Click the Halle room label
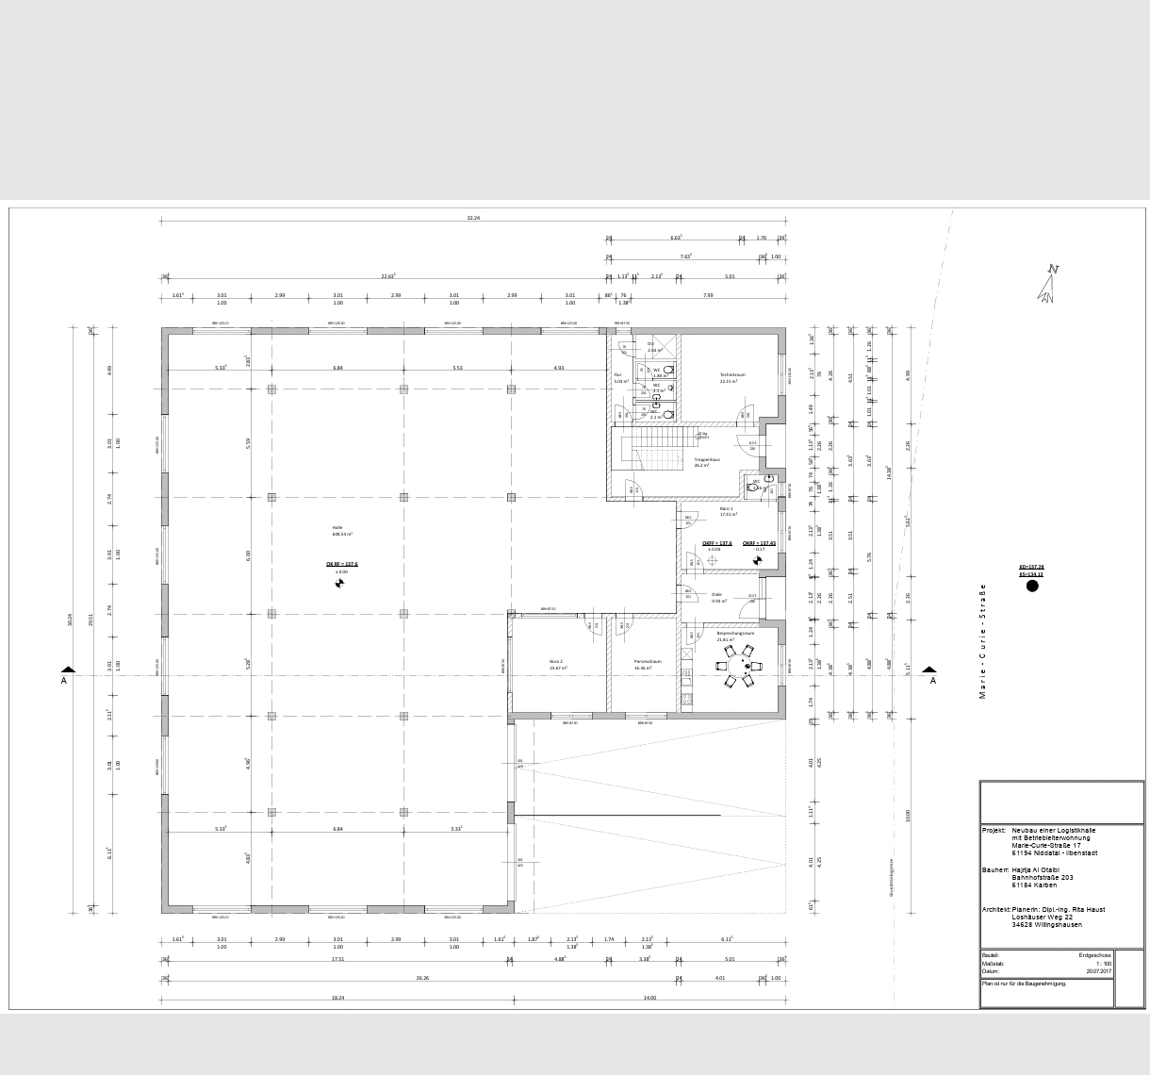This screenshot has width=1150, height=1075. tap(337, 527)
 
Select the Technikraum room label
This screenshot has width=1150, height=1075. tap(732, 374)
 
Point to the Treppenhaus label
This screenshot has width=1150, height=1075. tap(707, 460)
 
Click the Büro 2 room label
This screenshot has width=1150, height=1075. tap(556, 661)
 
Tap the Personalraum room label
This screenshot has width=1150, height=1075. tap(648, 661)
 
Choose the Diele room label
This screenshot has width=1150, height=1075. tap(716, 595)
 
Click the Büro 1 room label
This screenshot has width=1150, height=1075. tap(727, 508)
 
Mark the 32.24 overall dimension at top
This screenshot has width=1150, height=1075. tap(473, 218)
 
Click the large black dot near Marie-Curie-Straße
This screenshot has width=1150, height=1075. tap(1032, 586)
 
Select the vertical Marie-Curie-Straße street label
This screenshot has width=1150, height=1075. tap(982, 641)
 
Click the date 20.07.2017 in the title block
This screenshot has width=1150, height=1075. tap(1098, 970)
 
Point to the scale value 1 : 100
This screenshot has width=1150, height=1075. tap(1103, 963)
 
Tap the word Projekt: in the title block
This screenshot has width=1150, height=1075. tap(994, 830)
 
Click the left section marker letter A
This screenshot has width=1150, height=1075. tap(64, 680)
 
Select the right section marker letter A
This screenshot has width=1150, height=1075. tap(933, 680)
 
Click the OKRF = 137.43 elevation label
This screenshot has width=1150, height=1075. tap(759, 543)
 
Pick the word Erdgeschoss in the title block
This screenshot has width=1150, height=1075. tap(1094, 955)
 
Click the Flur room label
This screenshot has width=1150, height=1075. tap(618, 374)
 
